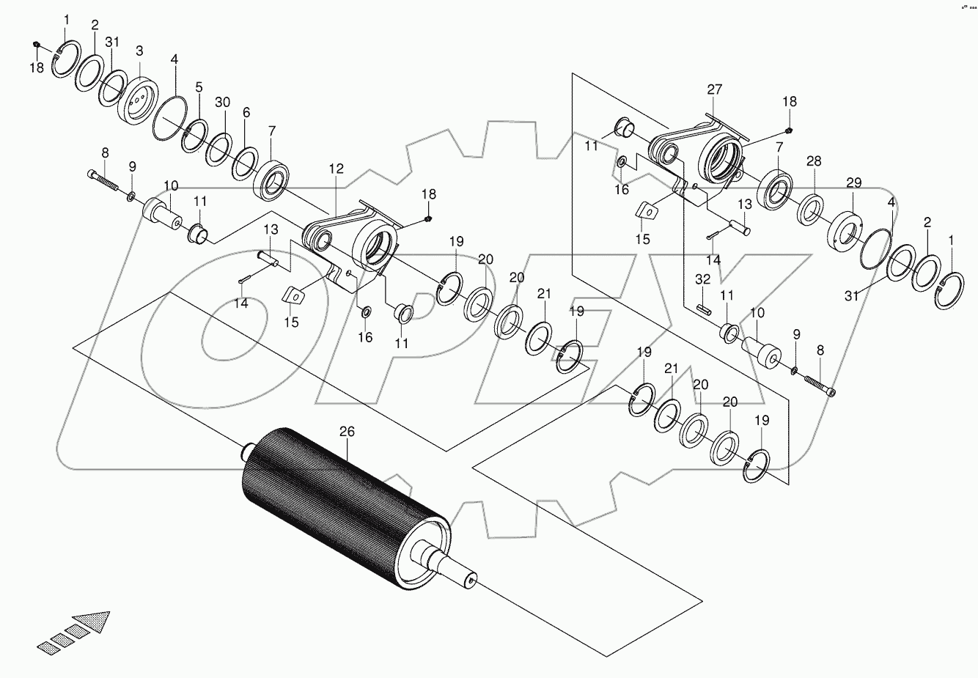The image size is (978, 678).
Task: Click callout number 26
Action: click(346, 432)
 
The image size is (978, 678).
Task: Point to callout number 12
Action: click(336, 169)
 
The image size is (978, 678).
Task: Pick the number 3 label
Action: click(139, 51)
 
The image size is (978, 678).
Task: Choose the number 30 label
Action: click(223, 102)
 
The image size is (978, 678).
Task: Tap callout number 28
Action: click(814, 161)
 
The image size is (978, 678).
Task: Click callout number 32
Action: click(703, 279)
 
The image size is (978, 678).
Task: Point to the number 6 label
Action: click(246, 112)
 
